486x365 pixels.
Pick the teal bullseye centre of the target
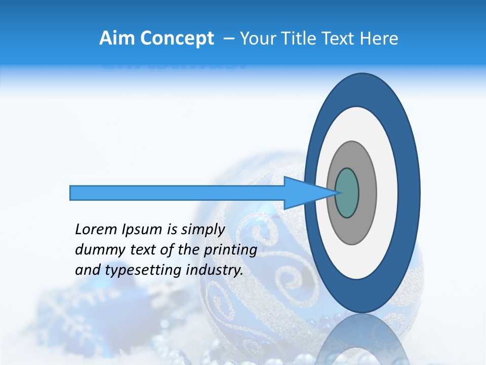click(x=347, y=193)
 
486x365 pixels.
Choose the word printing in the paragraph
click(x=231, y=250)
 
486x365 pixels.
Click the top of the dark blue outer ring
click(x=361, y=89)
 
